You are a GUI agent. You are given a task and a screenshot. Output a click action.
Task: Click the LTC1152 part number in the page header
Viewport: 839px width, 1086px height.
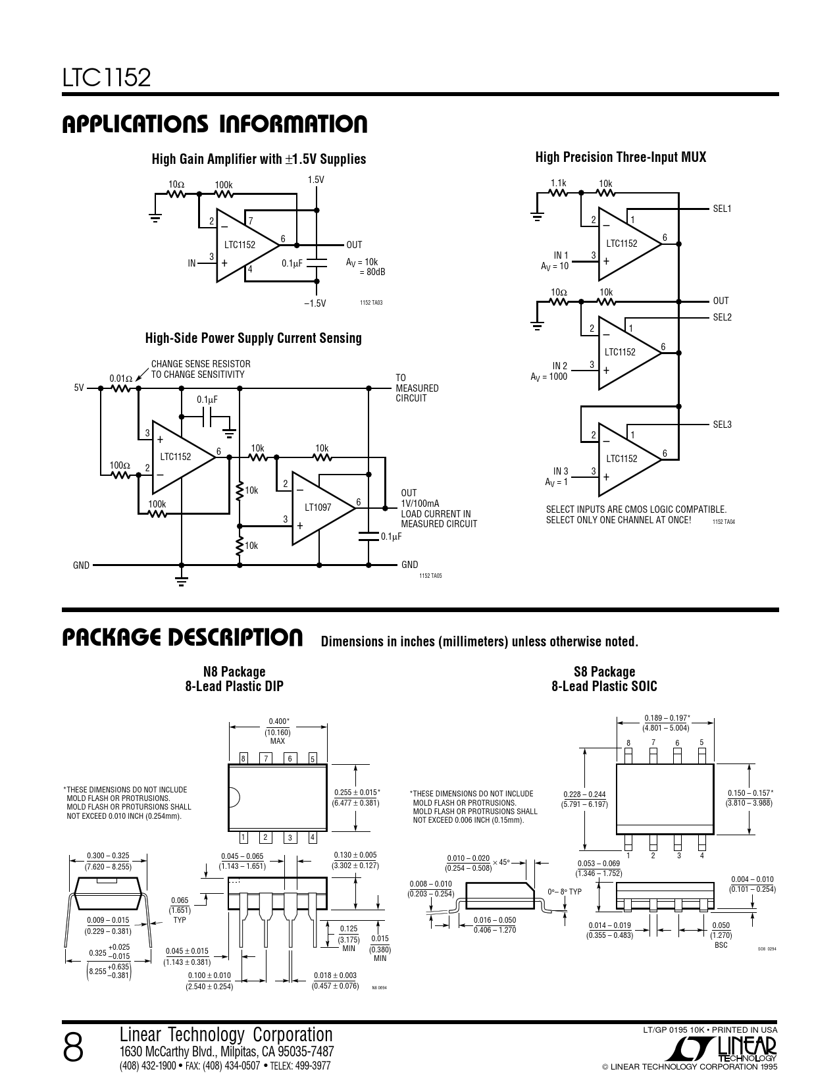(107, 78)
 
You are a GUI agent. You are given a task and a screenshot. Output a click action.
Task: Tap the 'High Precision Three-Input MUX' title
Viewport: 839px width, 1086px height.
(620, 157)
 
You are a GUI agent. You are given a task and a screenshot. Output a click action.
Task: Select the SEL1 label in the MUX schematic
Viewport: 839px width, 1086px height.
(722, 209)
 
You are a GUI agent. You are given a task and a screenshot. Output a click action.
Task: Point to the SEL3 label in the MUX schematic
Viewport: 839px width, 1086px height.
(722, 425)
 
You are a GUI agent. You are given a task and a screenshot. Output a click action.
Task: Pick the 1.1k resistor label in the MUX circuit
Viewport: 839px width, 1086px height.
(558, 184)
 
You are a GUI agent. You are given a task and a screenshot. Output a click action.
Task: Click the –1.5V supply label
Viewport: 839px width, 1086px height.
(315, 303)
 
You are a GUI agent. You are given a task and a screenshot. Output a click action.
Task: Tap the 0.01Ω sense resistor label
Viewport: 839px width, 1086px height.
(120, 378)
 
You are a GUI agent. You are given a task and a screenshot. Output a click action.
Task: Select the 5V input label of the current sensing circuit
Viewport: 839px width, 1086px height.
(79, 388)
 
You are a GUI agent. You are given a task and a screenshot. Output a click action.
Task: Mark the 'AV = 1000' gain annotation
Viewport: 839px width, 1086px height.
(549, 376)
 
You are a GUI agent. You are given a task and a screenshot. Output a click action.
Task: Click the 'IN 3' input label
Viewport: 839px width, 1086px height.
(561, 471)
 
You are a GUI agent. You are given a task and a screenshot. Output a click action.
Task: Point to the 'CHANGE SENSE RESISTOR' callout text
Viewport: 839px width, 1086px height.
(201, 364)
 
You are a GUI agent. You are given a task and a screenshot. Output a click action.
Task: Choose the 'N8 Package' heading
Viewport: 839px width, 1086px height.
(234, 671)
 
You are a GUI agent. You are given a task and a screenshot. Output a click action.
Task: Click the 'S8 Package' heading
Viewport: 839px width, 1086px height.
(604, 671)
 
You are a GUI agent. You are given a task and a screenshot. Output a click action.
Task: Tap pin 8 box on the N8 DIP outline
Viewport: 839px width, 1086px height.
(243, 758)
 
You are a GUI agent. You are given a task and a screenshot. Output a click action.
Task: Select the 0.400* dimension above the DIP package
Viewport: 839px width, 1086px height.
(278, 721)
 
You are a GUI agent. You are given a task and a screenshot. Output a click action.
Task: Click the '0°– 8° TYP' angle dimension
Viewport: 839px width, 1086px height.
(565, 892)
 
